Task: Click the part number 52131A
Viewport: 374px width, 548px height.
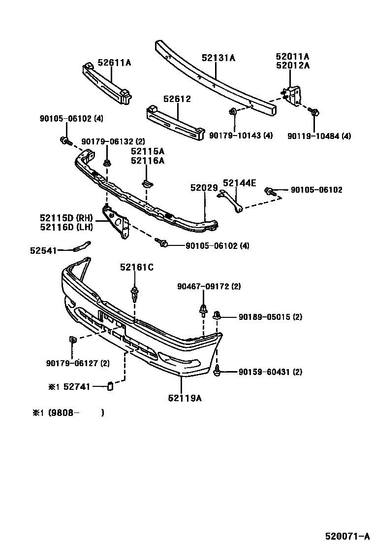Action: coord(218,58)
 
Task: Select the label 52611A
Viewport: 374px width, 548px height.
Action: coord(114,63)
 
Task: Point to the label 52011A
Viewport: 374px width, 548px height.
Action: coord(293,57)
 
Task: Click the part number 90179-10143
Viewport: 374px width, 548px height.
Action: coord(234,136)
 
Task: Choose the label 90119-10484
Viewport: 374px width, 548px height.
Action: coord(313,136)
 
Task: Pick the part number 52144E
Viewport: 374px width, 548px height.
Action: coord(240,183)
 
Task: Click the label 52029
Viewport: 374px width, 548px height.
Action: coord(204,188)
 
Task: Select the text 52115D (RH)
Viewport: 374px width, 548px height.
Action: coord(66,217)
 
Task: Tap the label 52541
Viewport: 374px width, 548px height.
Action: coord(43,250)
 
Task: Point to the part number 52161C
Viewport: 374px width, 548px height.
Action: coord(137,267)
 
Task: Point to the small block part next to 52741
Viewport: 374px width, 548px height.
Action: coord(111,386)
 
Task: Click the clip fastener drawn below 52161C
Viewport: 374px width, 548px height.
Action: coord(134,295)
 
